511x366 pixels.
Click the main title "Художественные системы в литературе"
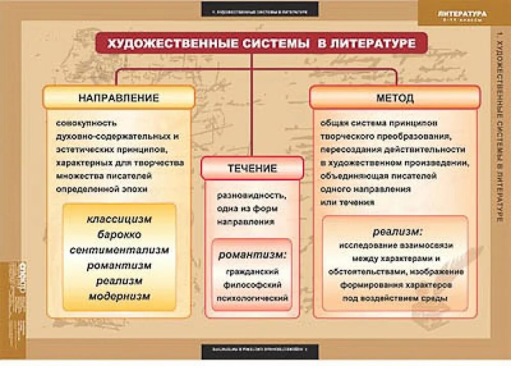[x=261, y=44]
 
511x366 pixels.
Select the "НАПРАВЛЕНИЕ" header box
[x=119, y=97]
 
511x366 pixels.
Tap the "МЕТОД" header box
[x=395, y=97]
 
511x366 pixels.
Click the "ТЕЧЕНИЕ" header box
[x=252, y=168]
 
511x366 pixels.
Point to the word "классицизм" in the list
[x=119, y=219]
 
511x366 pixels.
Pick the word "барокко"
[x=119, y=234]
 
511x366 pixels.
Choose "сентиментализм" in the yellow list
[x=119, y=250]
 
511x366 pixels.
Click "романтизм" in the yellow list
[x=119, y=266]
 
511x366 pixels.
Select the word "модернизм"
[x=119, y=296]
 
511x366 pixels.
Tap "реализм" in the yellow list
[x=119, y=281]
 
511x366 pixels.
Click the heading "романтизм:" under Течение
[x=252, y=254]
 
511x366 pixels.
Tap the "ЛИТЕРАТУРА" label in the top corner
[x=462, y=14]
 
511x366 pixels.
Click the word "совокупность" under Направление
[x=87, y=123]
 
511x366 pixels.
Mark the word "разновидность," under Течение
[x=251, y=196]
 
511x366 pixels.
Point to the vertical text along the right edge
[x=500, y=128]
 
